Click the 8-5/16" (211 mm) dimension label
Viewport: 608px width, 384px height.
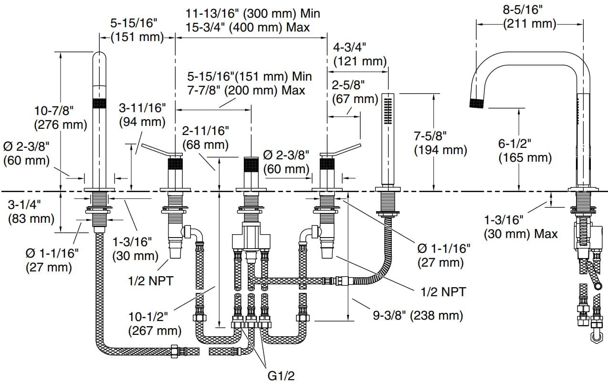530,16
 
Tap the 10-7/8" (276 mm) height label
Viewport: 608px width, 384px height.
60,118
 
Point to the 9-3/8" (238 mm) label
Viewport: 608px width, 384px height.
418,315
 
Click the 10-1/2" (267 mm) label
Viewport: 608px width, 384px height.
155,323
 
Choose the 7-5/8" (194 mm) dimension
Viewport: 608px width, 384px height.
440,143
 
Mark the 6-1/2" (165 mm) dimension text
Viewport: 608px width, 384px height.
524,150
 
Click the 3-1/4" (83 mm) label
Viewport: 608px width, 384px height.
31,211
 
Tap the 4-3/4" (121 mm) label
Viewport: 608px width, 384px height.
360,54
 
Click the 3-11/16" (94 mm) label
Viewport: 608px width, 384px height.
142,115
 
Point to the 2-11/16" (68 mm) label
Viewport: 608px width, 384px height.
206,136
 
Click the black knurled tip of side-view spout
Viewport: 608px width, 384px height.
477,103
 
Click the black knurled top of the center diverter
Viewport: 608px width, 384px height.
251,165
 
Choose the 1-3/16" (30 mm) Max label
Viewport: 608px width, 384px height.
521,227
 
